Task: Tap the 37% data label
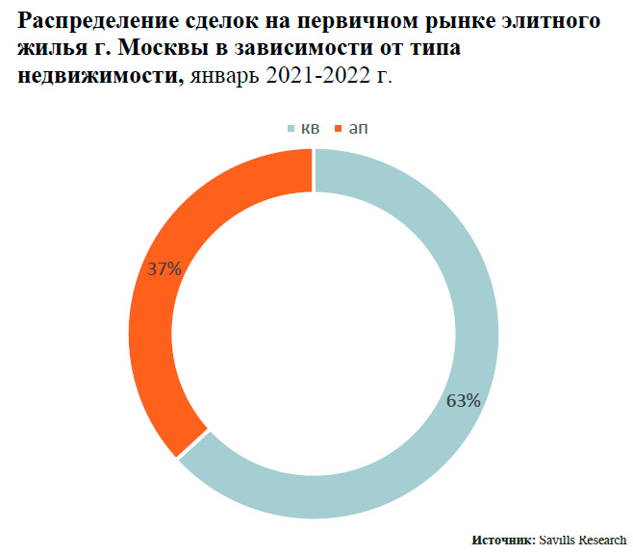point(165,269)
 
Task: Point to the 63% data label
point(463,401)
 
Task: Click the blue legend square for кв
point(290,128)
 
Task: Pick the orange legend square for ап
point(337,128)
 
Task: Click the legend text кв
point(310,128)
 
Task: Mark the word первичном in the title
point(355,23)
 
